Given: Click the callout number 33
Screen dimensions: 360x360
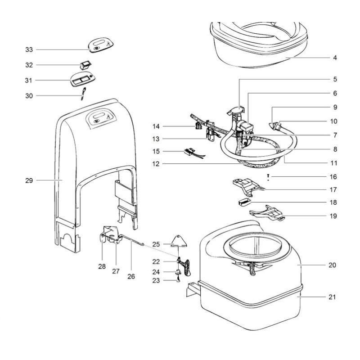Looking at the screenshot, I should tap(29, 49).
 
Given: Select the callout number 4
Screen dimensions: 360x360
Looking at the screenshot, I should tap(335, 58).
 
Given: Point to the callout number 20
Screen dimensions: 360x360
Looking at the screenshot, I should tap(332, 265).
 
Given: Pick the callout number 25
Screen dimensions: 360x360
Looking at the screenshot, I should tap(156, 244).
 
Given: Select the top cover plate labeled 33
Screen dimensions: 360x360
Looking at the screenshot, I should tap(100, 45).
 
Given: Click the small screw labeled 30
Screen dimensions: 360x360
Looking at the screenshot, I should tap(83, 95).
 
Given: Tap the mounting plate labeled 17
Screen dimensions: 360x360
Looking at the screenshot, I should tap(246, 184).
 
